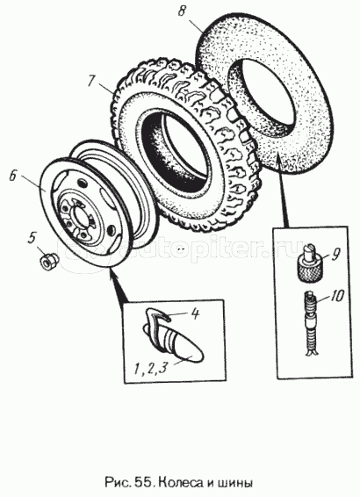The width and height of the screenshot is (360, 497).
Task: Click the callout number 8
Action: point(181,11)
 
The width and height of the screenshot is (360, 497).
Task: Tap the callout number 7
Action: point(91,81)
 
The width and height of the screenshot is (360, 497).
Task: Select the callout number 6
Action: point(12,176)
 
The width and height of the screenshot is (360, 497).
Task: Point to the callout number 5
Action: point(32,238)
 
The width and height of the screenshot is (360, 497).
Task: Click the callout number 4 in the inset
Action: point(195,314)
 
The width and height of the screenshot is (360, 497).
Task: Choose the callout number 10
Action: point(336,297)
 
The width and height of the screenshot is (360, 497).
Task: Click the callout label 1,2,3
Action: point(150,368)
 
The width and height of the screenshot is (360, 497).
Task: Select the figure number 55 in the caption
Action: point(145,483)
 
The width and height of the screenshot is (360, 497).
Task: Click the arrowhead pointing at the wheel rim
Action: point(113,276)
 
